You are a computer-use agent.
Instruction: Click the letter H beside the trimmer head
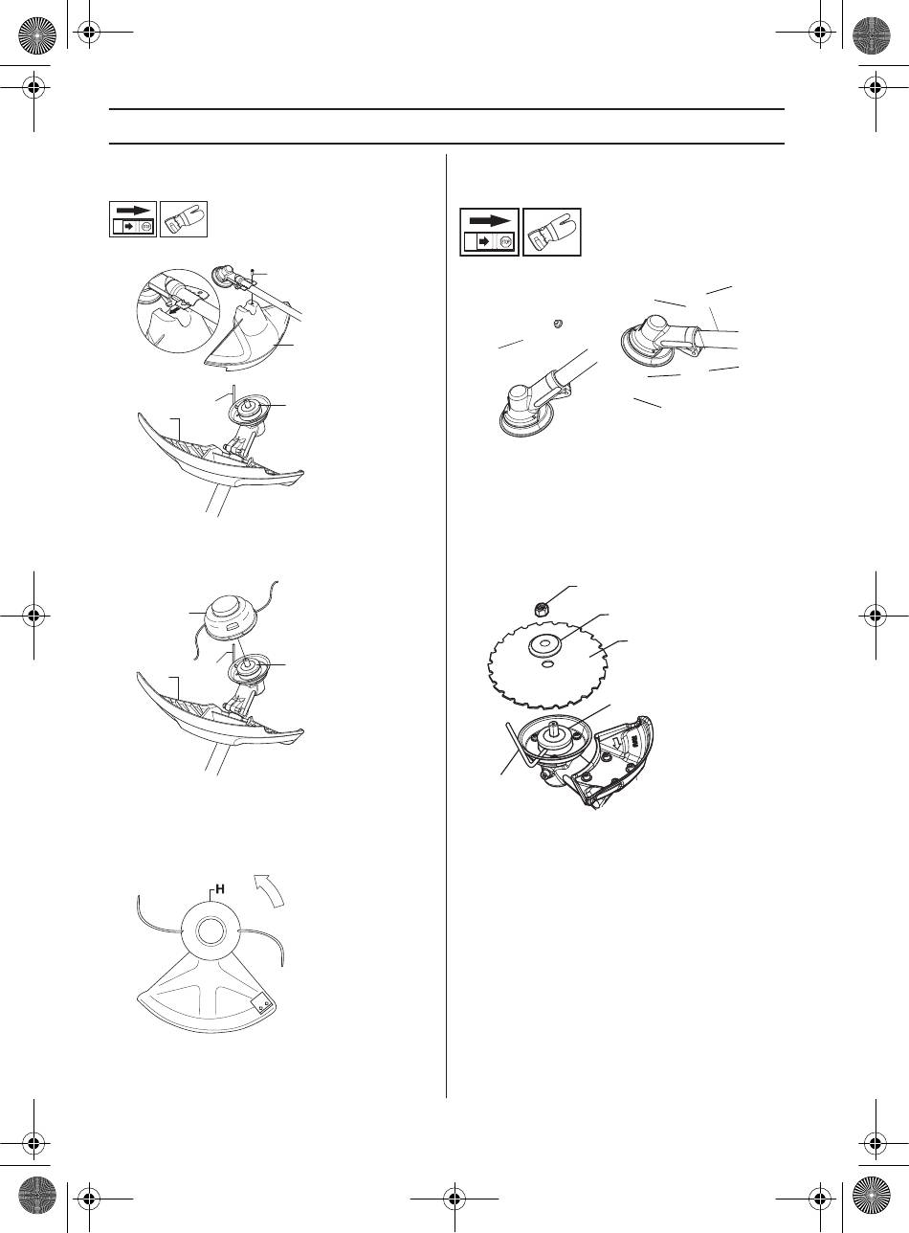tap(219, 888)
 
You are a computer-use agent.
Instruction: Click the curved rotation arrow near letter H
tap(271, 889)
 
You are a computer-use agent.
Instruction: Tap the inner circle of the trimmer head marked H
tap(211, 932)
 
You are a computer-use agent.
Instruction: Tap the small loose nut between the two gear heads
tap(558, 324)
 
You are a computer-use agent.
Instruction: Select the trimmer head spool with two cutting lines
tap(235, 617)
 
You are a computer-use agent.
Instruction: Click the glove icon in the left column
tap(184, 219)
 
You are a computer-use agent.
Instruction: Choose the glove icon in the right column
tap(552, 232)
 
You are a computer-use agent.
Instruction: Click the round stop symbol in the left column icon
tap(146, 226)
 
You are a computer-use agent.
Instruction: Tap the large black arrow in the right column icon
tap(489, 221)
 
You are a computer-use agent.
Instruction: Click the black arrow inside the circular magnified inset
tap(175, 311)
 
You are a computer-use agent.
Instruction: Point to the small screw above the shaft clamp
tap(252, 272)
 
